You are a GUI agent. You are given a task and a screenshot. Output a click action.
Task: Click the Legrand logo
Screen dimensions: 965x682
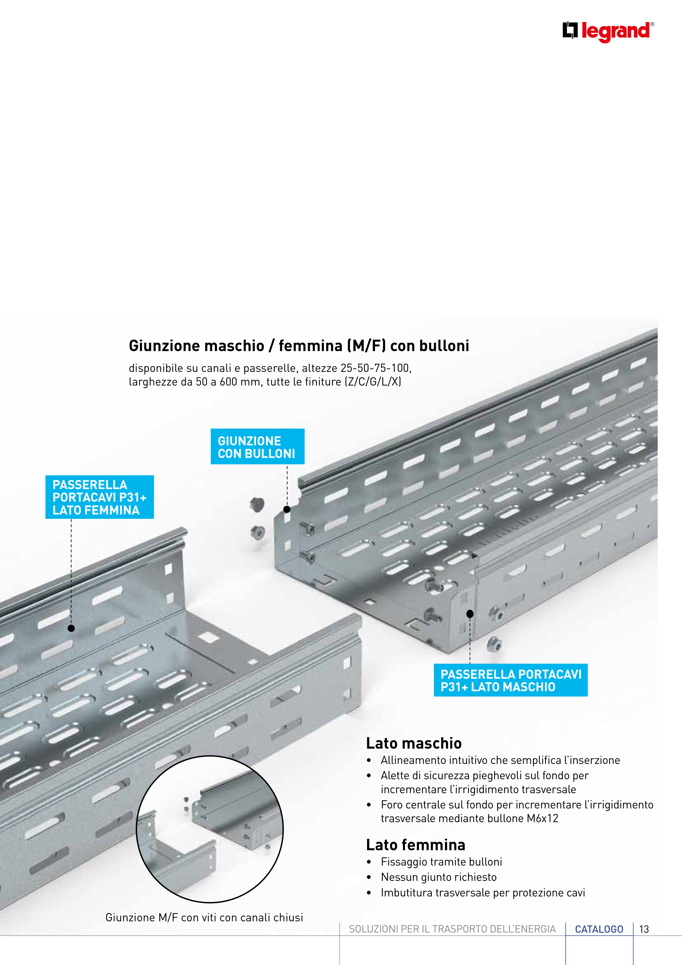(608, 31)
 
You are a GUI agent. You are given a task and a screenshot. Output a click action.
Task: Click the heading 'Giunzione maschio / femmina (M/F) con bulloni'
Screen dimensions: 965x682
(299, 346)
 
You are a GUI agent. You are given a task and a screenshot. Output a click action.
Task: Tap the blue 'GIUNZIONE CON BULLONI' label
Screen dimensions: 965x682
(257, 447)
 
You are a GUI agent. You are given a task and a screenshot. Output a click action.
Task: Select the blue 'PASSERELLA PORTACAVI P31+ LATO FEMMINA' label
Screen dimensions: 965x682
(100, 497)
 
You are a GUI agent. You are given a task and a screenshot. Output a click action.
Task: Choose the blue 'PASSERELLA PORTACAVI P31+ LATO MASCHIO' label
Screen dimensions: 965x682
(510, 681)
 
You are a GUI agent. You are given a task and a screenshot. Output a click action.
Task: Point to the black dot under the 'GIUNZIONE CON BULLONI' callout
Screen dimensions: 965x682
(287, 509)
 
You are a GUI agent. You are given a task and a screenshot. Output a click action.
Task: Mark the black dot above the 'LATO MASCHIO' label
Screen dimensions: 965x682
(470, 614)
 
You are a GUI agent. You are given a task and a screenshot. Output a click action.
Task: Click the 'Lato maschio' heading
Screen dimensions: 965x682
(414, 743)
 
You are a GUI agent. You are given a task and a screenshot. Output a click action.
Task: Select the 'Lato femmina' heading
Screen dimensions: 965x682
(416, 845)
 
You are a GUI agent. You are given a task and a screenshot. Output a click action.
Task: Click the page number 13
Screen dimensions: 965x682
(644, 929)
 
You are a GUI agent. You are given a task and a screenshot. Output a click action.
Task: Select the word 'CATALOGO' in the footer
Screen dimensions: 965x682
(599, 929)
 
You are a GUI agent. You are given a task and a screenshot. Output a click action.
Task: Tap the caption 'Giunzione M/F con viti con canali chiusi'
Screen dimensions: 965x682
(204, 917)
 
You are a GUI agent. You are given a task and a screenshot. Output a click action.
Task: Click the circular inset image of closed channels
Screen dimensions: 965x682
(210, 829)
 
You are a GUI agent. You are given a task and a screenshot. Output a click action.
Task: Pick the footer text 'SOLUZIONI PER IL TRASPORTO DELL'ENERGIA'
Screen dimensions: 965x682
(452, 929)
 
